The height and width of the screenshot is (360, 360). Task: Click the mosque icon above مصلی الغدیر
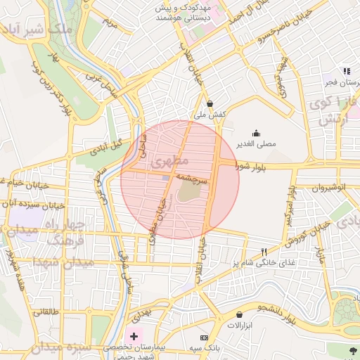[255, 133]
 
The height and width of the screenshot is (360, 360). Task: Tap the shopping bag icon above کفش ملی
[210, 103]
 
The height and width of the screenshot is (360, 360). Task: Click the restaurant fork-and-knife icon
[264, 252]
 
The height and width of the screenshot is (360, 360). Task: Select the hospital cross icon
[134, 337]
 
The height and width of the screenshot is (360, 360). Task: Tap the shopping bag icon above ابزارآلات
[240, 314]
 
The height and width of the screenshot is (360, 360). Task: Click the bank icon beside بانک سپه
[194, 348]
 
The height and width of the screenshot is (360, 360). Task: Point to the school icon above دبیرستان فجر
[346, 71]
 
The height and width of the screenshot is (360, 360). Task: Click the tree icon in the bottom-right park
[352, 349]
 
